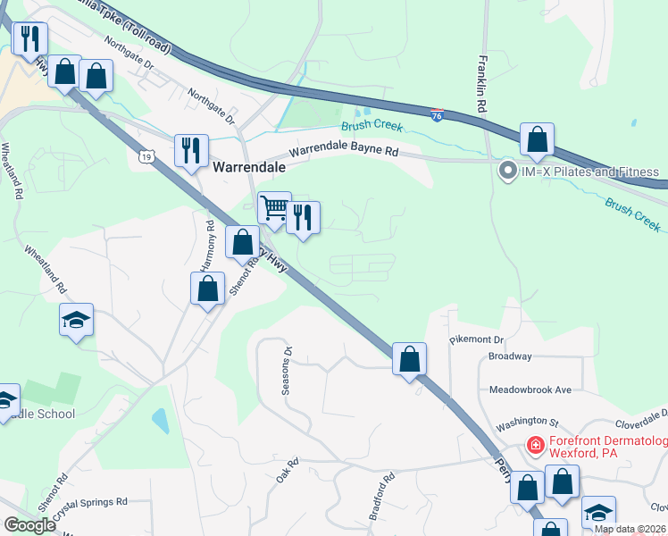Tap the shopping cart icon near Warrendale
coord(274,210)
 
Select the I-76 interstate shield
coord(436,115)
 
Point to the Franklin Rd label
coord(481,84)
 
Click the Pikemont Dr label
coord(478,339)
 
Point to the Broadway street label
coord(510,356)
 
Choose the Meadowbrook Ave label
coord(530,390)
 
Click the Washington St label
coord(527,420)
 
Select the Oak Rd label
coord(286,472)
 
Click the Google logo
coord(29,525)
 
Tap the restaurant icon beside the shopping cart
coord(304,218)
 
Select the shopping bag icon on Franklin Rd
coord(537,139)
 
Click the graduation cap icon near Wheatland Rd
coord(76,319)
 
